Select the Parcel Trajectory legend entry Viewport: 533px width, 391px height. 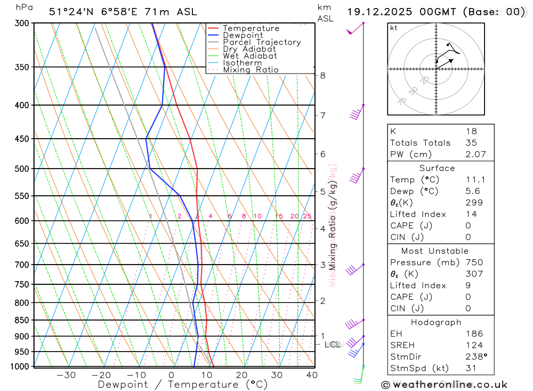click(262, 42)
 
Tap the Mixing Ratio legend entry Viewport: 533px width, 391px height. click(251, 70)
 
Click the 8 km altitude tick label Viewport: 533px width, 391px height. click(322, 75)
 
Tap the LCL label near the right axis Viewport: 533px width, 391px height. click(332, 345)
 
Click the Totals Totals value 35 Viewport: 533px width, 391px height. click(471, 142)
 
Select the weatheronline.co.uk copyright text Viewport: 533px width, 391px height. click(445, 384)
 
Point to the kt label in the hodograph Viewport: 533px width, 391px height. click(394, 28)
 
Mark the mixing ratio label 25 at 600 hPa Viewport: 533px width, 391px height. click(307, 216)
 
